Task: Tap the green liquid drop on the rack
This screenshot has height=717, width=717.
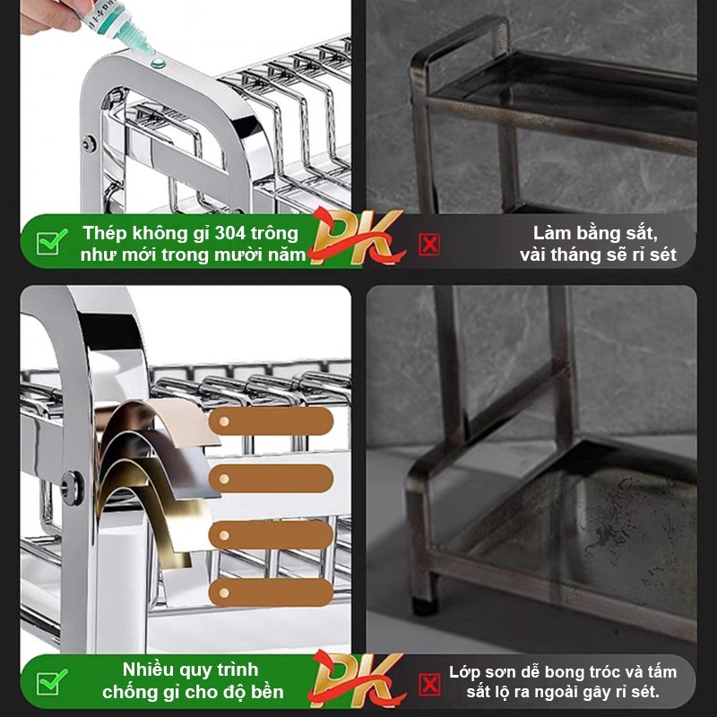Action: (x=158, y=62)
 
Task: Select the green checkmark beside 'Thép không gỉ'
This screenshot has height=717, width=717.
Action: (x=52, y=241)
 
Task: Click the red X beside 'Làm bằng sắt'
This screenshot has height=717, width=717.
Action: (x=429, y=244)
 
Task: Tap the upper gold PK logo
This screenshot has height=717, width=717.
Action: (x=358, y=237)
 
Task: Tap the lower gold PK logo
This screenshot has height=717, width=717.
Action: (x=358, y=679)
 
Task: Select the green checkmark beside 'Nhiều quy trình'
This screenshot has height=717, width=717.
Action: (x=52, y=682)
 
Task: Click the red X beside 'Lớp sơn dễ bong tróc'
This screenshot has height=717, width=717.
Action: (x=429, y=685)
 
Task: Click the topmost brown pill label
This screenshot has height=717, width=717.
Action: (x=272, y=421)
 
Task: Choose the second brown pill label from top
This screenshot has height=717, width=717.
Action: (x=272, y=479)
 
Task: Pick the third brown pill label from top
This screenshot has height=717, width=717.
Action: (x=272, y=535)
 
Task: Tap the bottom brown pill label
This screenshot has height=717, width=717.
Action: (x=272, y=592)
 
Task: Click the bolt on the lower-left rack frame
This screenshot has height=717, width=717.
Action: (x=73, y=488)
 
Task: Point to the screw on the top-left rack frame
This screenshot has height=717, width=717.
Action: (x=89, y=144)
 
